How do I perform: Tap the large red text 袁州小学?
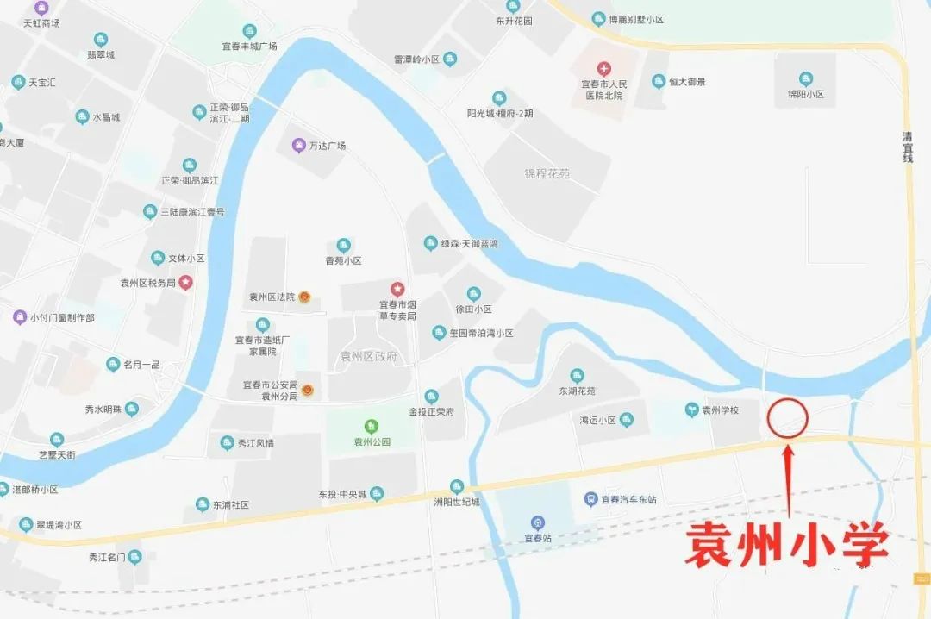coord(786,547)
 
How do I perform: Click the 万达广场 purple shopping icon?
coord(298,145)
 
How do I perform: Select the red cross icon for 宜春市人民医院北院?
coord(604,68)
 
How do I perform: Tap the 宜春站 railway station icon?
coord(538,522)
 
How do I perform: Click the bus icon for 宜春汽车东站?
coord(590,499)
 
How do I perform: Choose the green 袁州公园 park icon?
coord(372,426)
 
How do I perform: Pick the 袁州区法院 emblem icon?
coord(304,297)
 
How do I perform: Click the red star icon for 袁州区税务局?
coord(185,282)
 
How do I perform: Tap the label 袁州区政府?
coord(368,356)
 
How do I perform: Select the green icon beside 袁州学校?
coord(691,410)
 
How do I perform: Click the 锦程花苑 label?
coord(547,173)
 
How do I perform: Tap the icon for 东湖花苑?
coord(577,375)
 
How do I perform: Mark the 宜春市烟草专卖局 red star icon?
coord(397,288)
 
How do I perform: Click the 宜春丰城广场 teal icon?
coord(249,31)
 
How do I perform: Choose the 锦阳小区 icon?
coord(806,78)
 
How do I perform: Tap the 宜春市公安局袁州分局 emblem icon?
coord(308,391)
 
